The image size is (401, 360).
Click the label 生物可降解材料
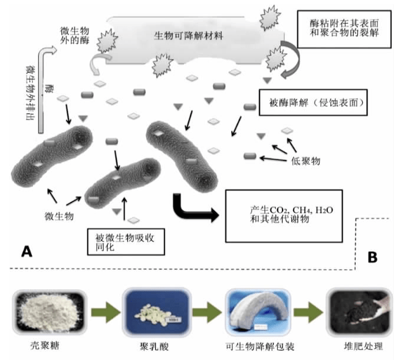pos(189,36)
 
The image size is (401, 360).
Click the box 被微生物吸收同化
pos(124,242)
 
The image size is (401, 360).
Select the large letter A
pos(27,253)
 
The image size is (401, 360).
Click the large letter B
pos(372,257)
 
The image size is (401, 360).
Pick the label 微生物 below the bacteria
pos(59,216)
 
